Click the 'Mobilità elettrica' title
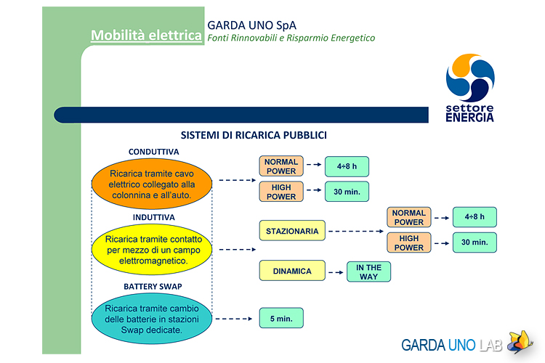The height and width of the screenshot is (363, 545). [146, 36]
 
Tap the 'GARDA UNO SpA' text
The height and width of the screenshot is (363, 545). [251, 25]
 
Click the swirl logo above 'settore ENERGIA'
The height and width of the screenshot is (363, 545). [470, 78]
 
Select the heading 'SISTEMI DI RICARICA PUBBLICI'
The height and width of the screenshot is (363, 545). [254, 135]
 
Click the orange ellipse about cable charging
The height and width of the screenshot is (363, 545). [152, 184]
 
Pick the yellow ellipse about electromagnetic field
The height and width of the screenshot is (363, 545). [152, 250]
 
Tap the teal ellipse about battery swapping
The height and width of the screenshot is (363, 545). [152, 319]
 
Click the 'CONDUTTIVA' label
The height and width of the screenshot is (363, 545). [153, 152]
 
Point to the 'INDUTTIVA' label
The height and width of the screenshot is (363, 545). [153, 218]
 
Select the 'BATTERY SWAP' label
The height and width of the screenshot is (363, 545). [153, 287]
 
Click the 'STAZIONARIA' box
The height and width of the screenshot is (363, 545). [292, 231]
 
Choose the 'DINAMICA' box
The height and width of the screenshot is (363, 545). [292, 271]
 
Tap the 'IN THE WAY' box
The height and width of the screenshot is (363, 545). [368, 272]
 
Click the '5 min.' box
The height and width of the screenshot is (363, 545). [281, 318]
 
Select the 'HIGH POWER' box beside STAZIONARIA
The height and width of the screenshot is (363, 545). [408, 242]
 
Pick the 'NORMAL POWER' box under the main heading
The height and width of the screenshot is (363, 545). [281, 166]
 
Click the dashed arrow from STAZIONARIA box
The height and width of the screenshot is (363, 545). [356, 231]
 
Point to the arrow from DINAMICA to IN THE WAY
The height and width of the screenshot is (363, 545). [336, 272]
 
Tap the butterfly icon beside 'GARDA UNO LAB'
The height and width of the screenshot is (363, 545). [520, 342]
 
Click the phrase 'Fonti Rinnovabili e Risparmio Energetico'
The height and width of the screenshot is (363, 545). [291, 38]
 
